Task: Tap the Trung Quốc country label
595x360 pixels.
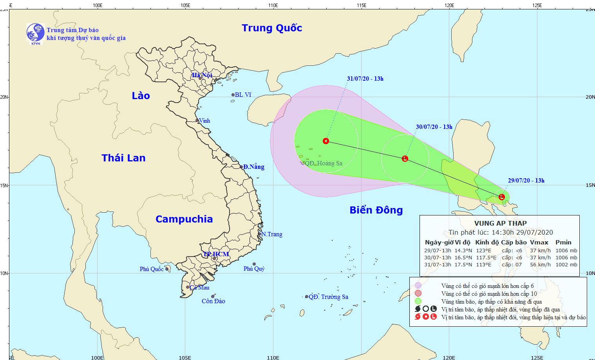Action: [x=272, y=28]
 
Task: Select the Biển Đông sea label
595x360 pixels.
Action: [x=376, y=210]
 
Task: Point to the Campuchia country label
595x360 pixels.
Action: [x=184, y=219]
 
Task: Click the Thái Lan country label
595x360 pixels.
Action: [x=123, y=158]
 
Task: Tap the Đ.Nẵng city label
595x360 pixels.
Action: [x=253, y=167]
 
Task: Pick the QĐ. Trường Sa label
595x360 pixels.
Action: [x=328, y=297]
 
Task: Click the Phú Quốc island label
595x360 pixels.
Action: [x=152, y=269]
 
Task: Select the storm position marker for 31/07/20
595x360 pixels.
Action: [x=326, y=141]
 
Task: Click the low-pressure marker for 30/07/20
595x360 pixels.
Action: [x=405, y=158]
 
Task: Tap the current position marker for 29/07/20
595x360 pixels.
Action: [x=502, y=197]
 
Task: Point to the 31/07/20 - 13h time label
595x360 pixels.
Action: [x=365, y=79]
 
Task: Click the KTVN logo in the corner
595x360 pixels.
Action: [x=35, y=33]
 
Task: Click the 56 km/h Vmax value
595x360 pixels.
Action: [x=540, y=264]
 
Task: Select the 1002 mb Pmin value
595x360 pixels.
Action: [x=566, y=264]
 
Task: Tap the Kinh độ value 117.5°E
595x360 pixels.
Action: [x=486, y=257]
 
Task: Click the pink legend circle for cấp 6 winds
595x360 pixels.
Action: [x=418, y=286]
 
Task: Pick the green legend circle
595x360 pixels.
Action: [x=418, y=301]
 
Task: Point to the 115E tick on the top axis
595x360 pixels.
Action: [x=361, y=5]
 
